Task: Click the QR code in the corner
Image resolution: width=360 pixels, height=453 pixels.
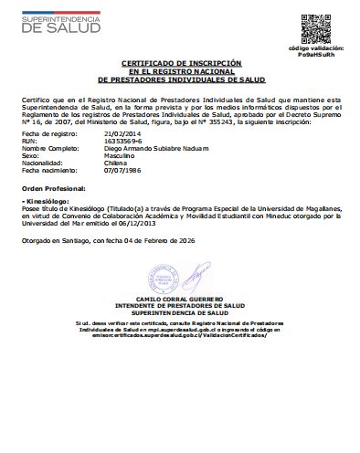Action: pos(316,26)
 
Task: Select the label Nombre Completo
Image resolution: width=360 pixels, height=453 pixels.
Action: pos(47,150)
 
